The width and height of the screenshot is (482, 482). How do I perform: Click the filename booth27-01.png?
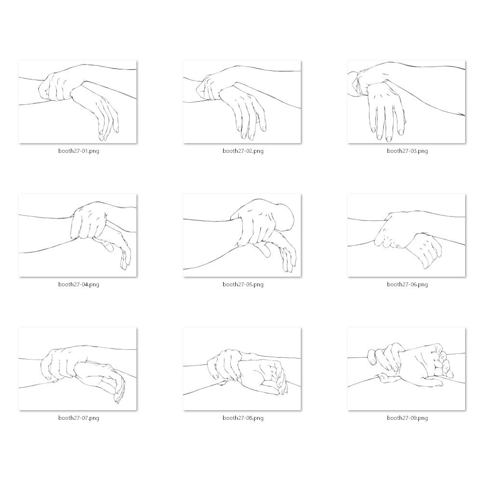(x=79, y=151)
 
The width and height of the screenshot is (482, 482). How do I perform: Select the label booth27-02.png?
(x=243, y=151)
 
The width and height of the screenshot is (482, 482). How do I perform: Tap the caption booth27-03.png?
(x=407, y=151)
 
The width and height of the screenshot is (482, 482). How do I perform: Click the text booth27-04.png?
(x=79, y=284)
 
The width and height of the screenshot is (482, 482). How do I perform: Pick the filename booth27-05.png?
(x=243, y=284)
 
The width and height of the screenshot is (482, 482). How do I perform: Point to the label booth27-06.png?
(x=407, y=284)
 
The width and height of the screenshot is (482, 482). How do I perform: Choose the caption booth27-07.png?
(x=79, y=418)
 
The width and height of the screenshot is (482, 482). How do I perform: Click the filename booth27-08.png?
(x=243, y=418)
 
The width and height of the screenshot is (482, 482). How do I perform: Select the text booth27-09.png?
(x=407, y=418)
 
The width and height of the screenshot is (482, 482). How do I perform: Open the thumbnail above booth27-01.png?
(x=78, y=102)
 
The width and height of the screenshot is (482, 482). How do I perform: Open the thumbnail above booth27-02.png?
(x=242, y=102)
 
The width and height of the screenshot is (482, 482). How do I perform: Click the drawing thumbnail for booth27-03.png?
(x=406, y=102)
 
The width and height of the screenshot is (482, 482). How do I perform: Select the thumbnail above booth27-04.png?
(x=78, y=235)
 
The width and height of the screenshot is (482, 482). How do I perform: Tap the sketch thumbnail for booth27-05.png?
(x=242, y=235)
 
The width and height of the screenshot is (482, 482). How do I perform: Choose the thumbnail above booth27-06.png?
(x=406, y=235)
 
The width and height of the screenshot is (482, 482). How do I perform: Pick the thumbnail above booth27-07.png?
(x=78, y=369)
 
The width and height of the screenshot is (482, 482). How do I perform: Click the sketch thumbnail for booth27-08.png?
(x=242, y=369)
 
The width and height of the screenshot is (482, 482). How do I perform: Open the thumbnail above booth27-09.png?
(x=406, y=369)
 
